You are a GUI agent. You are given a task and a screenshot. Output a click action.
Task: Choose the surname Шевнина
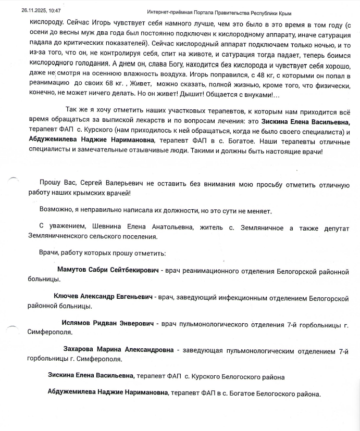pyautogui.click(x=108, y=228)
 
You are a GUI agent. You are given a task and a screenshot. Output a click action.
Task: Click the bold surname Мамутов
pyautogui.click(x=73, y=271)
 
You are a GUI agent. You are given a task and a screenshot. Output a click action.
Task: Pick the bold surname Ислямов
pyautogui.click(x=77, y=323)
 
